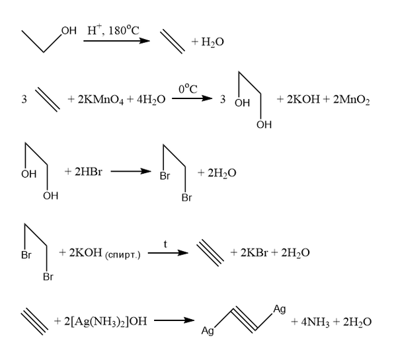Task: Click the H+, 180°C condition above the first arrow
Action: click(113, 30)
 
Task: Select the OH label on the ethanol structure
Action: click(69, 30)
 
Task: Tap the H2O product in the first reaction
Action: click(212, 42)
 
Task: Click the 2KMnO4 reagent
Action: click(100, 100)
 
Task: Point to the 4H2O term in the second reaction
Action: click(151, 100)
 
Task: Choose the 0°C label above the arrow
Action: click(188, 89)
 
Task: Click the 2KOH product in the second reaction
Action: click(303, 99)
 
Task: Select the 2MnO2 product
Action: click(351, 100)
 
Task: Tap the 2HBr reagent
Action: click(89, 172)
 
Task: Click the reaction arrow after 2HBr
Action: click(131, 172)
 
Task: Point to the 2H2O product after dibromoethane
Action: click(221, 173)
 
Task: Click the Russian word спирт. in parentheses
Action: click(122, 255)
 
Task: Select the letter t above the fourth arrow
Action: click(165, 244)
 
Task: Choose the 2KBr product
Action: click(254, 252)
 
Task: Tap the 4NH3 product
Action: click(315, 322)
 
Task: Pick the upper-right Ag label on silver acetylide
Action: click(280, 309)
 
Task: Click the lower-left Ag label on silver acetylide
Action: click(208, 330)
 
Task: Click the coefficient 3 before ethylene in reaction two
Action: click(24, 99)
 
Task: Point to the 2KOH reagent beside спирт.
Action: click(85, 252)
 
